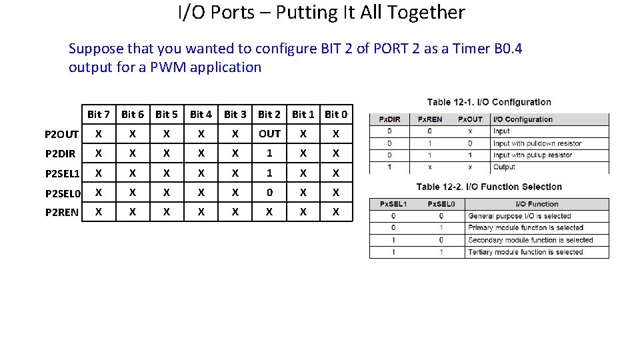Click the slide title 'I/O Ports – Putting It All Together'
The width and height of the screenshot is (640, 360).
coord(321,13)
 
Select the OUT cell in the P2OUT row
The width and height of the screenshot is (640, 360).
coord(269,134)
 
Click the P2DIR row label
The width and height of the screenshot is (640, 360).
coord(59,154)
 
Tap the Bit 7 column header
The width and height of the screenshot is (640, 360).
coord(99,115)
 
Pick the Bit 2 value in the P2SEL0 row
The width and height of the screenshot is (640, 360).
coord(269,193)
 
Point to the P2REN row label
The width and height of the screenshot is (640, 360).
coord(61,213)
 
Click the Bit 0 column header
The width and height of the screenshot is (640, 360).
coord(336,115)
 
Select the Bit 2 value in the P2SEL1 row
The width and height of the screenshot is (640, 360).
coord(269,173)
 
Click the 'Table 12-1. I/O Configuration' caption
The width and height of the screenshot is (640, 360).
coord(489,102)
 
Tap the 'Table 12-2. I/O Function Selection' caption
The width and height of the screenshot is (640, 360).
coord(489,187)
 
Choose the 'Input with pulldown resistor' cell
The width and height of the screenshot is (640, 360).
coord(537,143)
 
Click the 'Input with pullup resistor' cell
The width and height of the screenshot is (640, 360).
coord(532,155)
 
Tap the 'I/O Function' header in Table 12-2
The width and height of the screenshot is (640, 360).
coord(537,204)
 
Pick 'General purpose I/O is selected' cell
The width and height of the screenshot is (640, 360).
coord(519,216)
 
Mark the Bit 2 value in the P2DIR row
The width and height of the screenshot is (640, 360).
coord(269,153)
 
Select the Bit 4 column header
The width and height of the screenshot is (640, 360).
coord(201,115)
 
